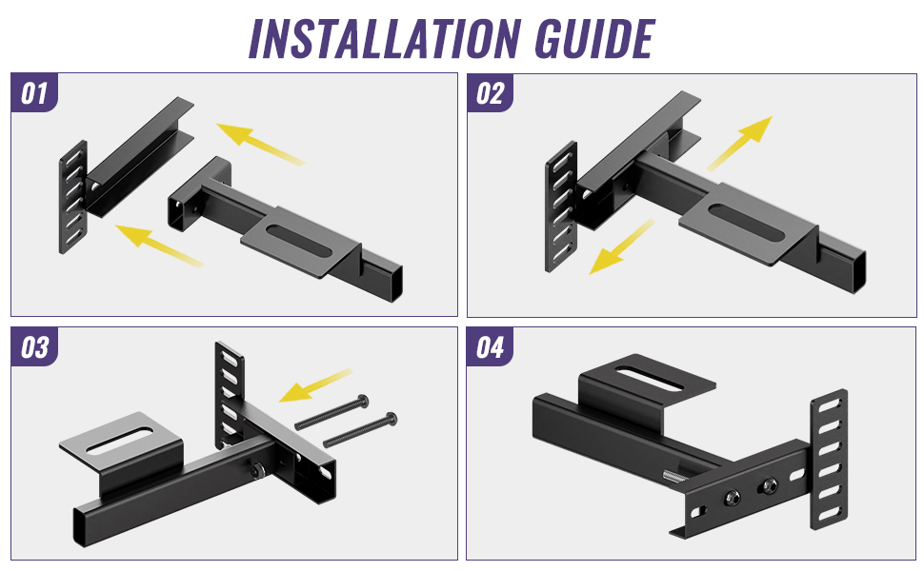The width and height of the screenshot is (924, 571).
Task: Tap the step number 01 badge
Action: coord(34,93)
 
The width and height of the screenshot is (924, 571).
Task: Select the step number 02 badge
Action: coord(490,93)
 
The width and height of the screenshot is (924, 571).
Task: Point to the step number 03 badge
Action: coord(34,348)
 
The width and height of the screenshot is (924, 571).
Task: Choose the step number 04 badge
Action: coord(490,348)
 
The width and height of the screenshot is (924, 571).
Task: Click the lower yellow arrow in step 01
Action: coord(157,244)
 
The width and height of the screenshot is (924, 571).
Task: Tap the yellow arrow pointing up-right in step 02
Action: coord(740,143)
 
